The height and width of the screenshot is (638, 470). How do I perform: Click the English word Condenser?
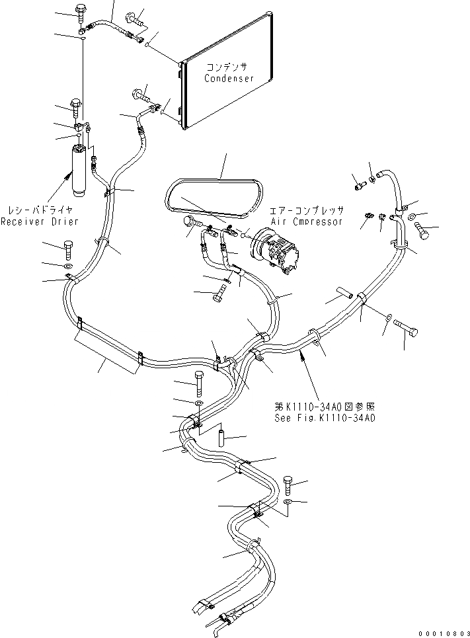(x=229, y=78)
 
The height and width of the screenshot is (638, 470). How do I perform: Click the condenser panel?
(x=231, y=93)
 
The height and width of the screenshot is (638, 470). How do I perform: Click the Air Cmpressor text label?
(x=306, y=221)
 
